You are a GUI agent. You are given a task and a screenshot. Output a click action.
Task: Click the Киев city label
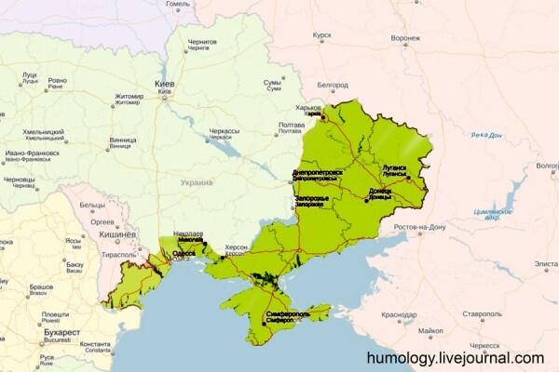click(x=165, y=84)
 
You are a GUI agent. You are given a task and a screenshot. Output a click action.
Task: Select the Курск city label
click(x=322, y=35)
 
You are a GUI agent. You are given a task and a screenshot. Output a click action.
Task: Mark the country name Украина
click(x=196, y=182)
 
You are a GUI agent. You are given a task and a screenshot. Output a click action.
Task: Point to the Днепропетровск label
click(x=318, y=172)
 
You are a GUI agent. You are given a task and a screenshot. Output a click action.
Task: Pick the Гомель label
click(x=178, y=4)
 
